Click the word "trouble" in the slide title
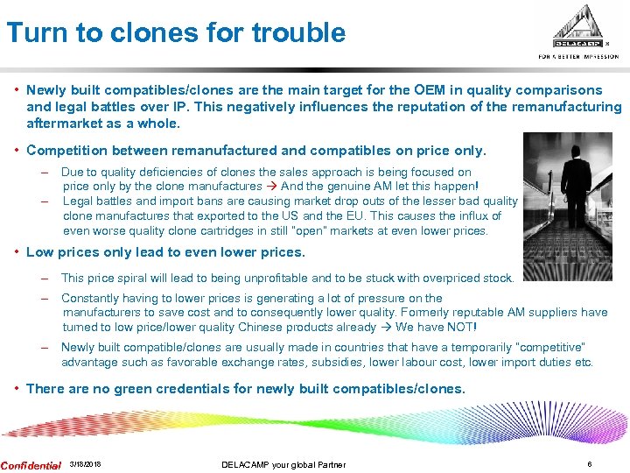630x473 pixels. pos(298,33)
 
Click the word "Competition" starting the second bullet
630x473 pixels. pos(67,151)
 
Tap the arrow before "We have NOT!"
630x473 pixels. pos(383,327)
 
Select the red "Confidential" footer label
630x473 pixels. pos(31,464)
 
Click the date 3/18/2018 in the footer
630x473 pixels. pos(85,464)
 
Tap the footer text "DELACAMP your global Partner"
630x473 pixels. pos(283,464)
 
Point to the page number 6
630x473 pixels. pos(589,464)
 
